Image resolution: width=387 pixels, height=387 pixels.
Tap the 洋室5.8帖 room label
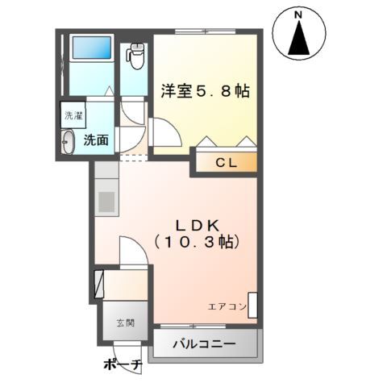click(x=205, y=91)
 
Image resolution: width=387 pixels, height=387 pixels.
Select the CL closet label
click(x=225, y=164)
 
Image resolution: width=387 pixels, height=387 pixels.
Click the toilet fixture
click(x=135, y=56)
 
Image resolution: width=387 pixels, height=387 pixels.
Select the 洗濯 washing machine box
click(x=73, y=114)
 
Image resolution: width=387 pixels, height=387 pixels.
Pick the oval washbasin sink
click(x=69, y=142)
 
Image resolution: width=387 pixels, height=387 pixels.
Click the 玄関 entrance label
click(x=125, y=322)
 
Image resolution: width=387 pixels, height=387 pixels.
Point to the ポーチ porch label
click(x=123, y=365)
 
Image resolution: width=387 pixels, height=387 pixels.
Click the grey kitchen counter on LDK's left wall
click(x=106, y=198)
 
